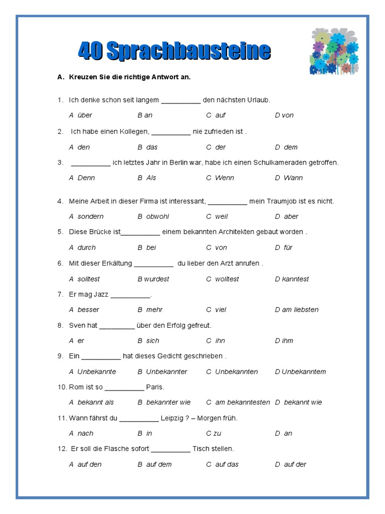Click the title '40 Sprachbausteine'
(174, 51)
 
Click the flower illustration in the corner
(334, 51)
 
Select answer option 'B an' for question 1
(145, 115)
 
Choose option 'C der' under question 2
(216, 147)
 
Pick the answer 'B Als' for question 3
(147, 178)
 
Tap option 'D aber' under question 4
(286, 216)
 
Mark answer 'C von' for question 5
(217, 247)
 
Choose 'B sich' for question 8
(148, 341)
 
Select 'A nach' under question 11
(81, 434)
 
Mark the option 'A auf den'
(85, 465)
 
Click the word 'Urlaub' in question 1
(258, 100)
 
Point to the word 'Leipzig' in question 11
(171, 418)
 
